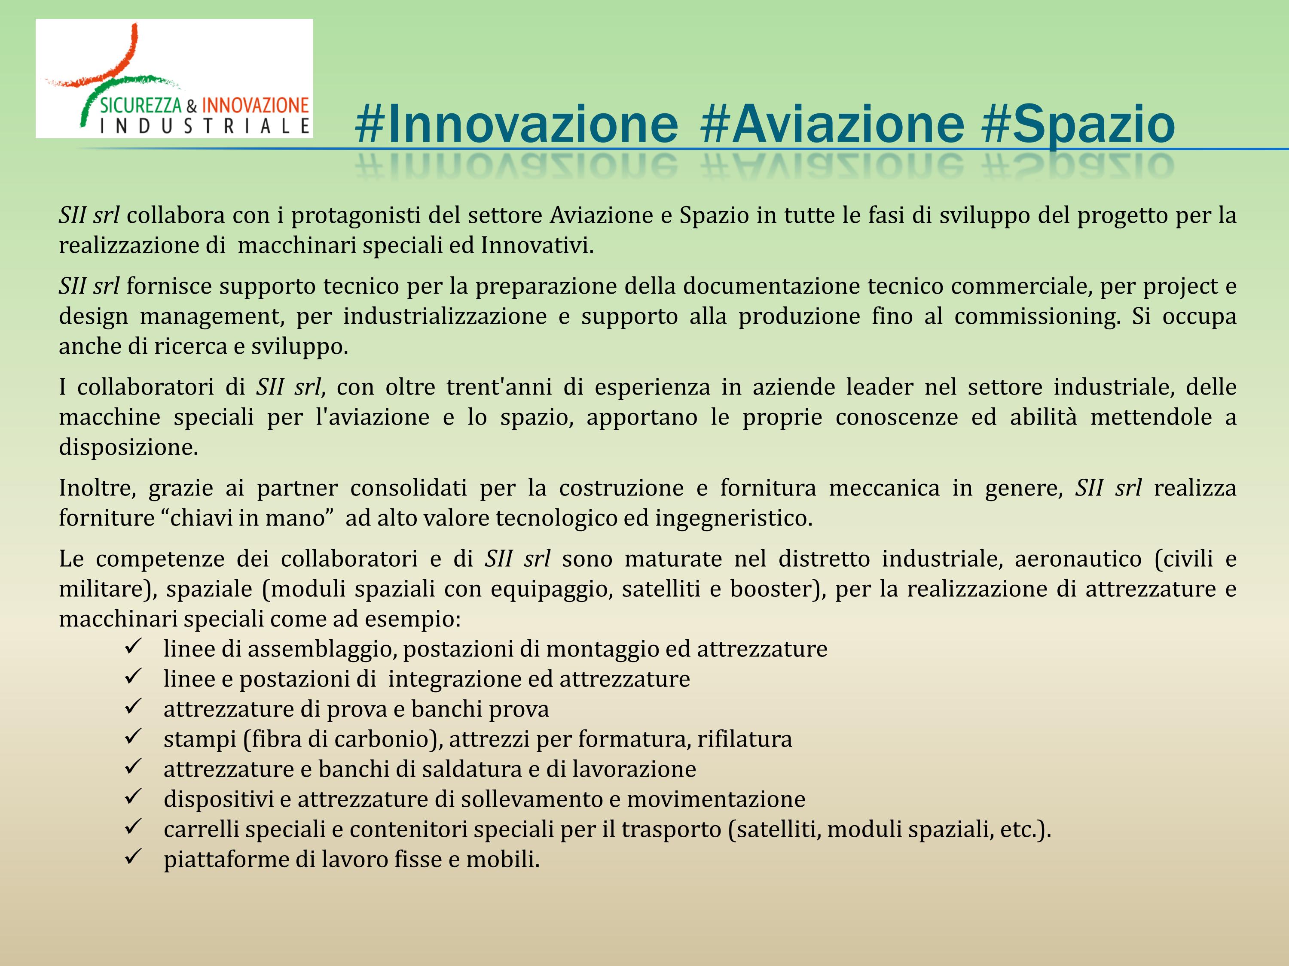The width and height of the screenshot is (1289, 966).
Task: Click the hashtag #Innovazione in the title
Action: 516,124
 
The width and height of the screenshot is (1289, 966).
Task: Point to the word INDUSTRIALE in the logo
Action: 205,126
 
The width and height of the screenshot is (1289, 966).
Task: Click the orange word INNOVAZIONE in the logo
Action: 255,105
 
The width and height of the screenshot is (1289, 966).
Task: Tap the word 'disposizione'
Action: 128,448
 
